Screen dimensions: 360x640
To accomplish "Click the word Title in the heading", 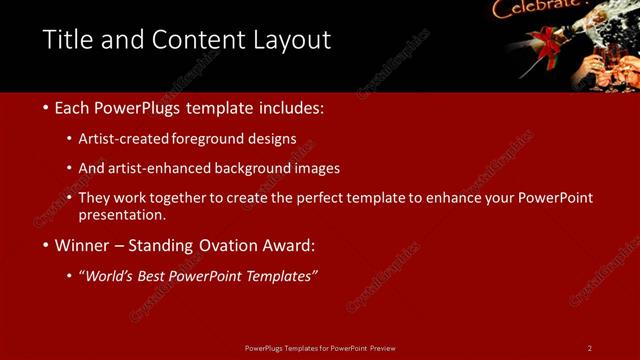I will click(x=65, y=40).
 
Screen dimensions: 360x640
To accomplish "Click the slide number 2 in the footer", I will click(x=590, y=348).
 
